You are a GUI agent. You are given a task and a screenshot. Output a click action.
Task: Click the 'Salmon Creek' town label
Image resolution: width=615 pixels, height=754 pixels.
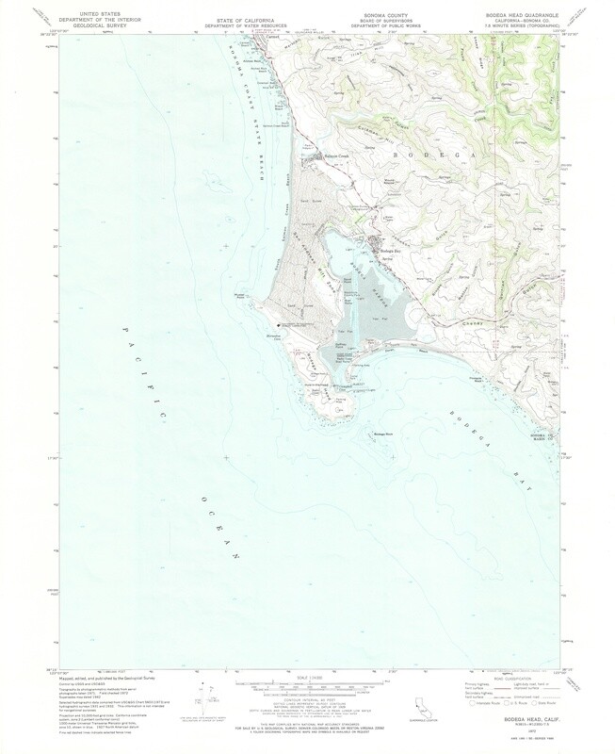[x=336, y=156]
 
